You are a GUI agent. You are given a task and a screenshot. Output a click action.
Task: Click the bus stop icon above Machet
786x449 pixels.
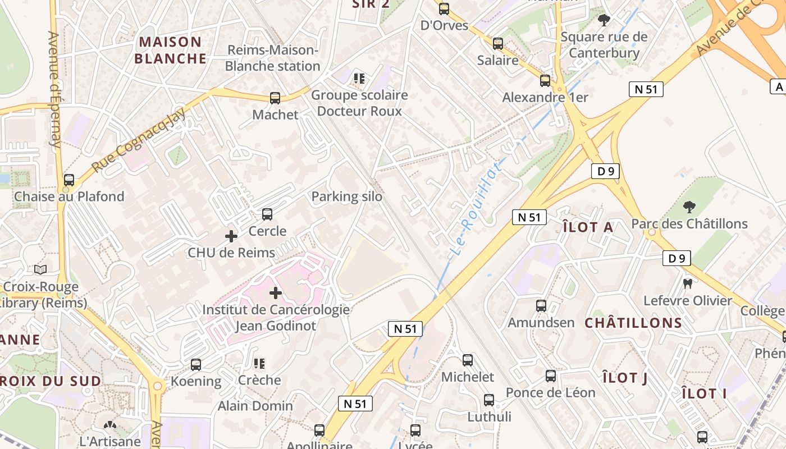pos(275,98)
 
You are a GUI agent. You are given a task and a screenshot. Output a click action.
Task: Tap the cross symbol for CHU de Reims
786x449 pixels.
pos(231,236)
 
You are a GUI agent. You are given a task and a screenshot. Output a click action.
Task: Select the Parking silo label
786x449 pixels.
pos(346,196)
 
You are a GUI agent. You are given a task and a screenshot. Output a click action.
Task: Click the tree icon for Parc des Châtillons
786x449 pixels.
pos(689,207)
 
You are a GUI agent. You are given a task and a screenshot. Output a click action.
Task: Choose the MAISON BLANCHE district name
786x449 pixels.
pos(171,50)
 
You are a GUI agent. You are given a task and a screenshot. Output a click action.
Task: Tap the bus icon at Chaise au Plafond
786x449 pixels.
pos(69,180)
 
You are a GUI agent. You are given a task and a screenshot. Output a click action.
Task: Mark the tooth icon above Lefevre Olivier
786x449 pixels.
pos(687,283)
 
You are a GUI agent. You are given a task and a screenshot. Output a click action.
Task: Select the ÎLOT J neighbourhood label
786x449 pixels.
pos(625,378)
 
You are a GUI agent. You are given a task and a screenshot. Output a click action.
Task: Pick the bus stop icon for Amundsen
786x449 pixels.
pos(541,306)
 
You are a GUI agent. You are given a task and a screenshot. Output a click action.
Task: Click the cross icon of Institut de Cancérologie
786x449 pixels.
pos(276,293)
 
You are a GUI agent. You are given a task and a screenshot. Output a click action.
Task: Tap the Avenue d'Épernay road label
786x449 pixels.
pos(54,90)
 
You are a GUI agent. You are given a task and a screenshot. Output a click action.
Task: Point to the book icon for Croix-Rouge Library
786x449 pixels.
pos(40,270)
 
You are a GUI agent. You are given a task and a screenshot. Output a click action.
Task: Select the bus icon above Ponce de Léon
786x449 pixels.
pos(551,376)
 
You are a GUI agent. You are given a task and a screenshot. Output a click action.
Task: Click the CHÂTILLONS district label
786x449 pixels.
pos(633,323)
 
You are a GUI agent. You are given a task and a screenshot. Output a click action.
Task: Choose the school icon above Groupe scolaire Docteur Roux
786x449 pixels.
pos(359,78)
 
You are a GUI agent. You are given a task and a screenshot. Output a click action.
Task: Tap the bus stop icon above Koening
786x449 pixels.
pos(196,365)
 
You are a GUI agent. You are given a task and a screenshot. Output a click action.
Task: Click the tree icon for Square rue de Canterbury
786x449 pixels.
pos(604,21)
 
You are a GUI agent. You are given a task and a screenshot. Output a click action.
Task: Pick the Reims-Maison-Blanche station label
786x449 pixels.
pos(272,58)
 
